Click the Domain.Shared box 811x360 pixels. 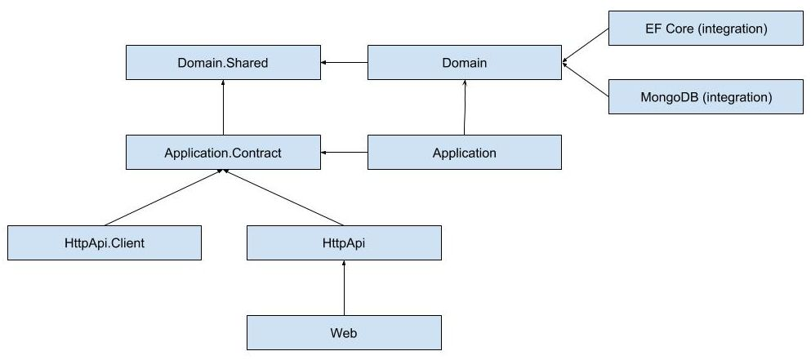[222, 63]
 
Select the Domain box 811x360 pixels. [464, 63]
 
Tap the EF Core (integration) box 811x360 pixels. [706, 29]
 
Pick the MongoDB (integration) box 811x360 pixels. [706, 97]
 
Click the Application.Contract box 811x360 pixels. [222, 153]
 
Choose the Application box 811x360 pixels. [464, 153]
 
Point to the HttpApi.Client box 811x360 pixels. [104, 243]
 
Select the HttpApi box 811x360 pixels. [344, 243]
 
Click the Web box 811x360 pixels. [344, 333]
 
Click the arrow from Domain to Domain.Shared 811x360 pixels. [344, 63]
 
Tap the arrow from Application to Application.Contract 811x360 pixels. [344, 153]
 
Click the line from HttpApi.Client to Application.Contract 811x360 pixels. [163, 198]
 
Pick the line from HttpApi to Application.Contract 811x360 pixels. [283, 198]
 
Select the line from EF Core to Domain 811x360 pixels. [586, 45]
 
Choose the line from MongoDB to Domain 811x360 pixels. [586, 81]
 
